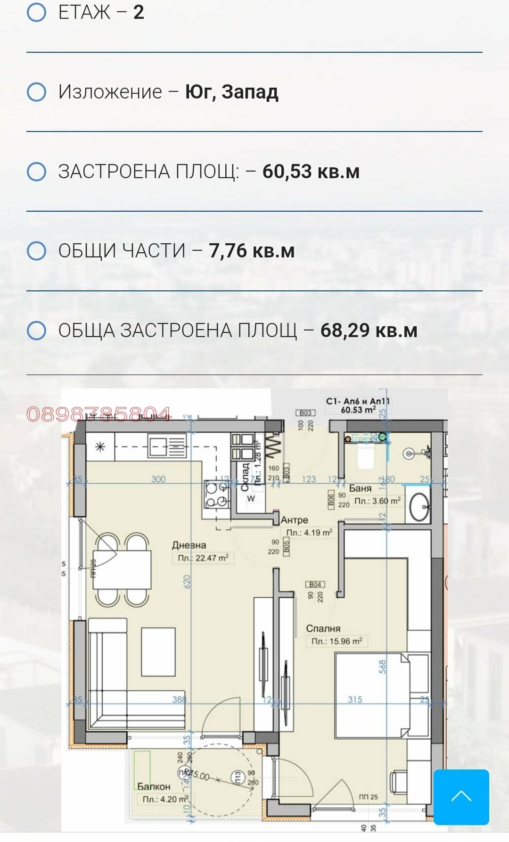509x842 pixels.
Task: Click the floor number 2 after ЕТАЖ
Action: (139, 12)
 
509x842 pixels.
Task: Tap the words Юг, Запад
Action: (231, 92)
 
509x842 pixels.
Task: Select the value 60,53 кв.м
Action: (311, 172)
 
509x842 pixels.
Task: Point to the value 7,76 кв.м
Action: (252, 251)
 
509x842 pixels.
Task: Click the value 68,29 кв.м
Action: (369, 330)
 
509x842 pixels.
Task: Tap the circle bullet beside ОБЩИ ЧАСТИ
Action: (37, 251)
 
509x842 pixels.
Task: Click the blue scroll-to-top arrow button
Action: (461, 797)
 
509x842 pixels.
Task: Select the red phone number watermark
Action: (98, 414)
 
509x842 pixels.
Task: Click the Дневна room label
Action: (189, 545)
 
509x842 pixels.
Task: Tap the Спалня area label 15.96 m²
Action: (337, 641)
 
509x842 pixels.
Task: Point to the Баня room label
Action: (360, 488)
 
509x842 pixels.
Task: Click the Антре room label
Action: (294, 520)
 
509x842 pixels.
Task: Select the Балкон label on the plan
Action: (154, 786)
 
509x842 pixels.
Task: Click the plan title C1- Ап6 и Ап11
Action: (358, 401)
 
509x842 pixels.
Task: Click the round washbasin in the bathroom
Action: (419, 507)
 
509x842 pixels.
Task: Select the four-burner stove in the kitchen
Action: (217, 495)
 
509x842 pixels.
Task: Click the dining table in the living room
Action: (122, 569)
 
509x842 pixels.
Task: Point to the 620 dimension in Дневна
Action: (187, 581)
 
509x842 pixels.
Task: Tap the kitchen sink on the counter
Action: (167, 446)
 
